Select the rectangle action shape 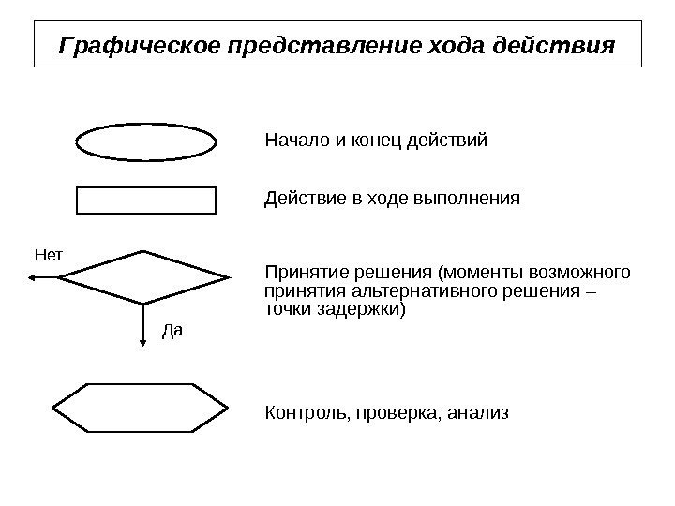pyautogui.click(x=145, y=200)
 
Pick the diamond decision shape pyautogui.click(x=144, y=277)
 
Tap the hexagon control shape pyautogui.click(x=141, y=408)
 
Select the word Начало pyautogui.click(x=294, y=142)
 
